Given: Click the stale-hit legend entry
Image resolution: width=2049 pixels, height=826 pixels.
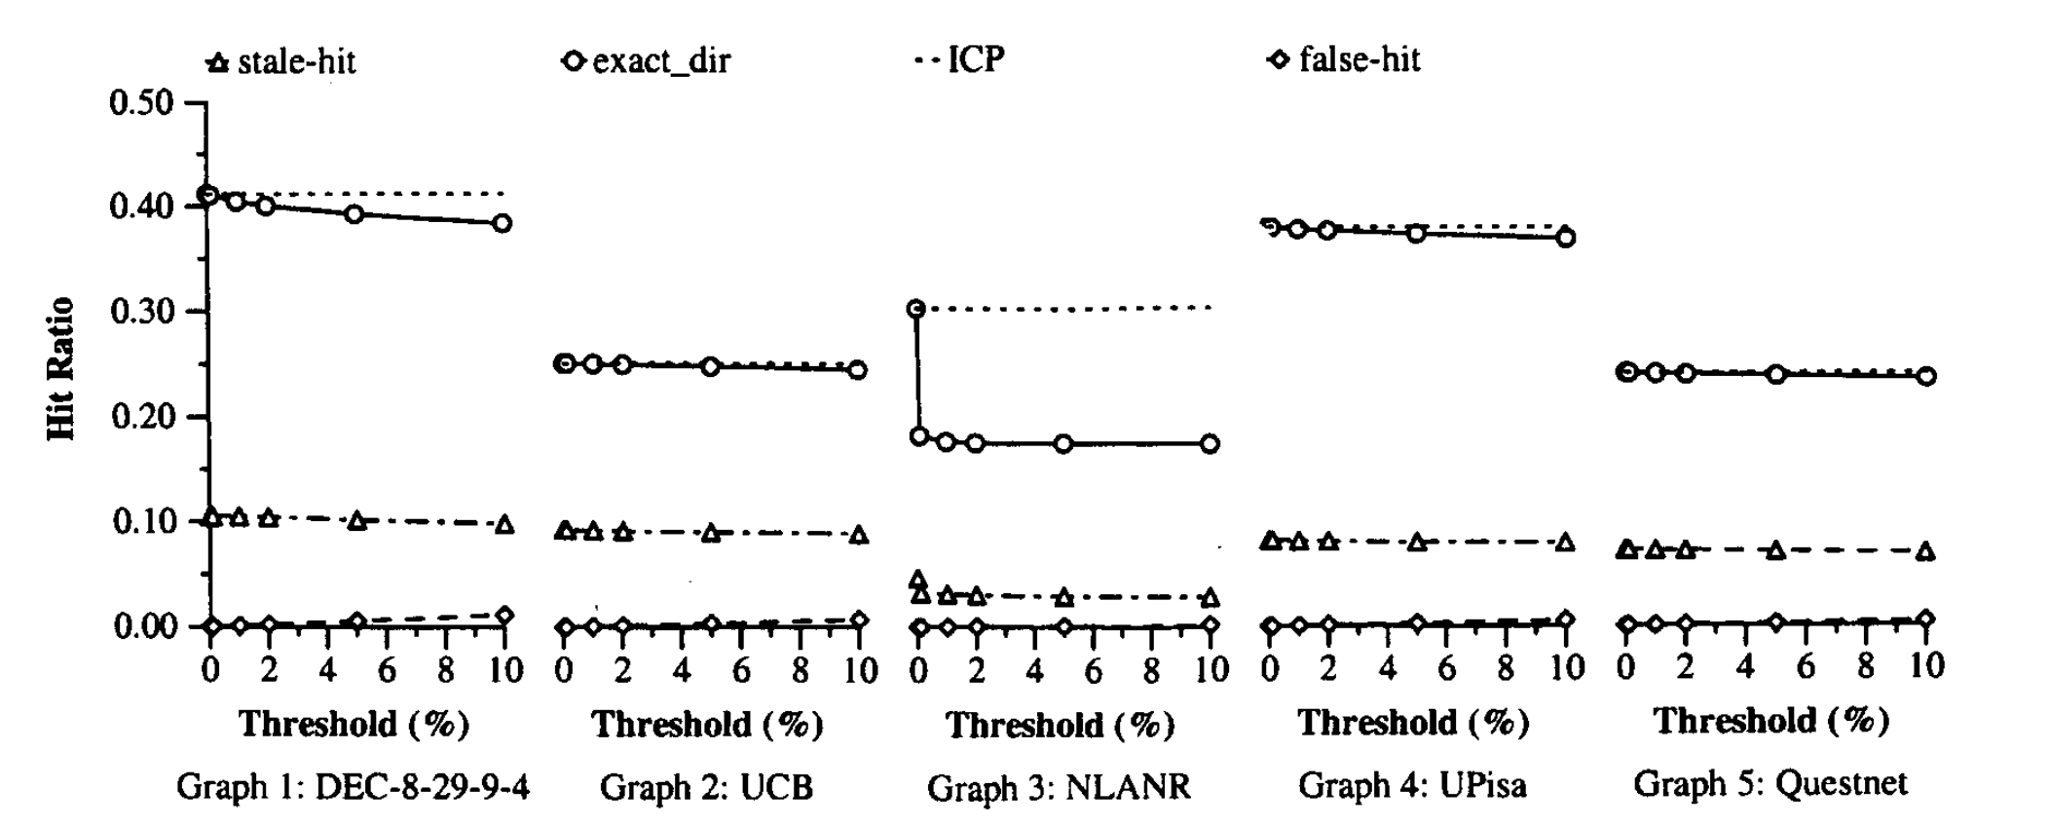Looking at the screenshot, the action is pos(281,62).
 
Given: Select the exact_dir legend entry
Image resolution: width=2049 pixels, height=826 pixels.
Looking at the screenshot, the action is pos(647,61).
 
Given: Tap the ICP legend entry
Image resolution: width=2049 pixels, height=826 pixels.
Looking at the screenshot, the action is pos(959,59).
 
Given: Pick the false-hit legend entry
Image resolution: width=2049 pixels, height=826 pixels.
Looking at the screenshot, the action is pos(1344,59).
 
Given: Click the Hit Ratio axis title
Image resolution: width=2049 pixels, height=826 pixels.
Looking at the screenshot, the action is pos(60,369).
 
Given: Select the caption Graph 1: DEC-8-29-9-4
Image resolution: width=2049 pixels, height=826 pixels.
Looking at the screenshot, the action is pos(353,786).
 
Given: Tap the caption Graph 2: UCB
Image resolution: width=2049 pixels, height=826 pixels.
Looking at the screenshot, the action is pos(706,786).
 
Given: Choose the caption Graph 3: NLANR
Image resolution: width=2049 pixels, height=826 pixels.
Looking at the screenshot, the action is pos(1059,787).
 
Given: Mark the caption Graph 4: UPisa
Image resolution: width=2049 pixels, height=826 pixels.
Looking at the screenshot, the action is pos(1412,784).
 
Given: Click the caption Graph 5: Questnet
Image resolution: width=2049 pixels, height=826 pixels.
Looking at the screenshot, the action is pos(1770,782).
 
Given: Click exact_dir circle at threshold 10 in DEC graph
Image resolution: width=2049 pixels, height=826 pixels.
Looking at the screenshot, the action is pos(503,223).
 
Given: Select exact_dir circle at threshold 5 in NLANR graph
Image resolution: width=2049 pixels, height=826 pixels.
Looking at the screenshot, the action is pos(1063,443).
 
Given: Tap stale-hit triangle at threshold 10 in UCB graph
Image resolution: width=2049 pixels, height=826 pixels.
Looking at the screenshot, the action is pos(858,535).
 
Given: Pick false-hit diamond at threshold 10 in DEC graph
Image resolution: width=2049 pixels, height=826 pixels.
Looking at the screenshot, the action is pos(503,616).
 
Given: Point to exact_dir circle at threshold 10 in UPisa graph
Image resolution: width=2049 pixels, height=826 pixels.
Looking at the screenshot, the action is pos(1565,237).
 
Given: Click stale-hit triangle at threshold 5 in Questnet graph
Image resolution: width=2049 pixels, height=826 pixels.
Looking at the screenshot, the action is pos(1776,550).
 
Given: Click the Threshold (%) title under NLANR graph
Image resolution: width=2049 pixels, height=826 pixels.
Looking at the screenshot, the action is pos(1061,725).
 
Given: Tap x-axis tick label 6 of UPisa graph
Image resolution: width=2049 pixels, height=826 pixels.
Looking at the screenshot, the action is pos(1447,668).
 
